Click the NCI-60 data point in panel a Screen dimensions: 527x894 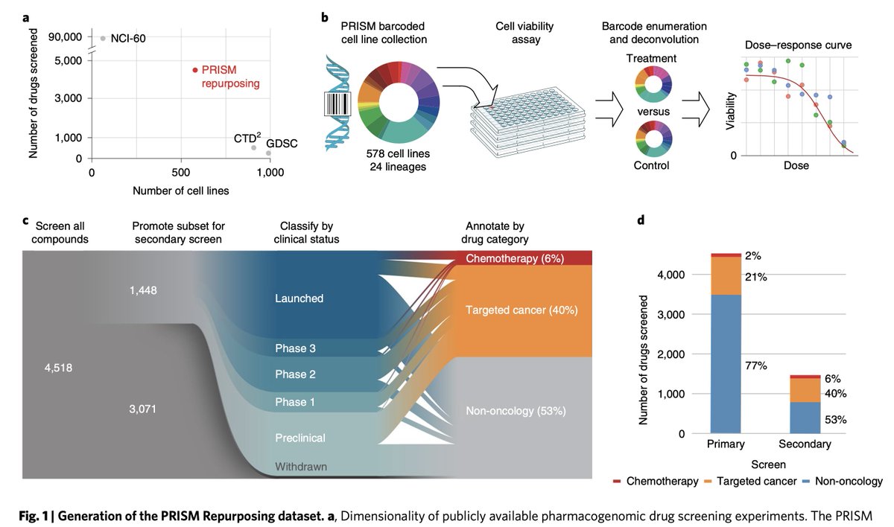(x=103, y=38)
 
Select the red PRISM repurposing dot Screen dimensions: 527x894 (x=195, y=70)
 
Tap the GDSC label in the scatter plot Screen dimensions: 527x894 (x=282, y=143)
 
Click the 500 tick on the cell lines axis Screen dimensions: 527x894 (x=181, y=172)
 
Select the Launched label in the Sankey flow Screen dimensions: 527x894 (x=299, y=298)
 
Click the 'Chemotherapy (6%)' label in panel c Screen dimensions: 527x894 (x=514, y=258)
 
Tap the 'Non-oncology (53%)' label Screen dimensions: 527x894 (x=515, y=410)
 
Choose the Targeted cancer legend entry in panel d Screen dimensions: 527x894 (x=753, y=482)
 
